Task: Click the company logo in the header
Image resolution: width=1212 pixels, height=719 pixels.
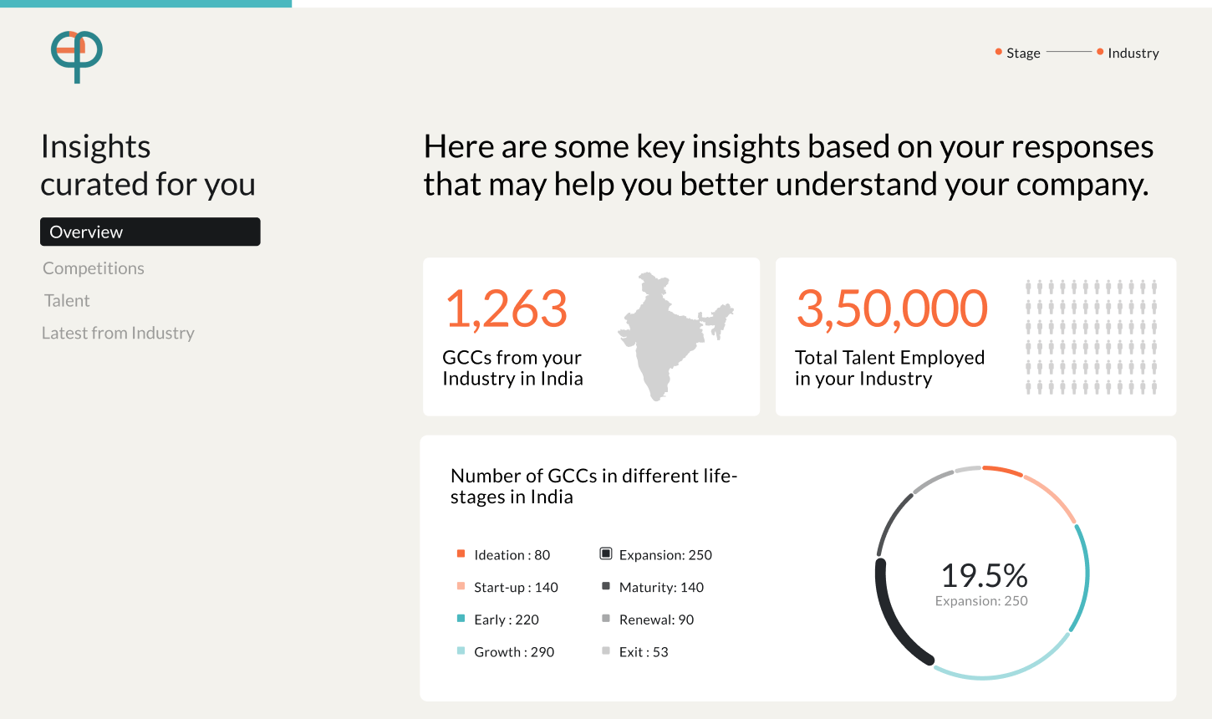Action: [77, 56]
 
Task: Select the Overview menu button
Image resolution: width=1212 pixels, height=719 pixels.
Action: [150, 232]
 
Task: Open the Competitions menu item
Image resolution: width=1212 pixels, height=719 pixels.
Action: [93, 268]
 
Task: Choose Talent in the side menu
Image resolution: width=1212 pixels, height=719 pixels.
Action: [67, 300]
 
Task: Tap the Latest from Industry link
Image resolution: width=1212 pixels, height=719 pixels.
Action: [118, 333]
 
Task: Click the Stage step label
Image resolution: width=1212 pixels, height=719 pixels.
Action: [1023, 53]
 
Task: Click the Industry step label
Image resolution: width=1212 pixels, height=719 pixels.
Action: [1133, 53]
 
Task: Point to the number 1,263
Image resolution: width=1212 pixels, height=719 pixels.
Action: [506, 309]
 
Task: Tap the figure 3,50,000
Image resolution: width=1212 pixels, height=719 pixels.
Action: [892, 309]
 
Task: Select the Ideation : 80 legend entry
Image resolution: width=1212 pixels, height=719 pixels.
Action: [503, 554]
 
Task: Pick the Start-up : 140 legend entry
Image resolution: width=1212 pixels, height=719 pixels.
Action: [507, 587]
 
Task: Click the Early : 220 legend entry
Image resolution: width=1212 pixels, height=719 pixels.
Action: [498, 620]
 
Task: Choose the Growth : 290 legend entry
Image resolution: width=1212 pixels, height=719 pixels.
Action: [506, 652]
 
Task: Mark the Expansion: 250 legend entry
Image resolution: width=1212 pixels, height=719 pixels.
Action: [656, 554]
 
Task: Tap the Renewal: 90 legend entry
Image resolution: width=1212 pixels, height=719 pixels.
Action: [648, 620]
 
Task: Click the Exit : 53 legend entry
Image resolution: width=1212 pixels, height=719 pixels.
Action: [634, 652]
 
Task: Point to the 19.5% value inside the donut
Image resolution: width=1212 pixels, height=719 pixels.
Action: [984, 575]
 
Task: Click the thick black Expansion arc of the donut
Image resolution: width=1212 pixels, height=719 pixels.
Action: [889, 622]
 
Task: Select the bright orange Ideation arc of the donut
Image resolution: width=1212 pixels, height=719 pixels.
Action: [1002, 470]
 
